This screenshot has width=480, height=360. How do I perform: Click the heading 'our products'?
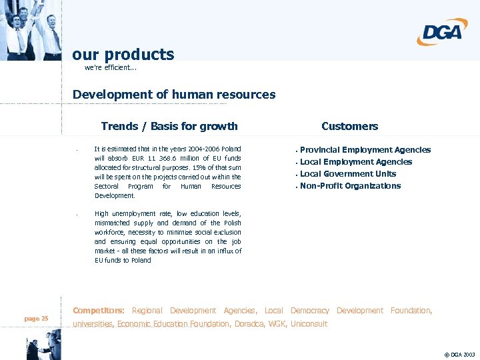[x=123, y=54]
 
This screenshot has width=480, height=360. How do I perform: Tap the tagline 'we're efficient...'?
[x=111, y=68]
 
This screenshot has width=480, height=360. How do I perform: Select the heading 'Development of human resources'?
[x=174, y=95]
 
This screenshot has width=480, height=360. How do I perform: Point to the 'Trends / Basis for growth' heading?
[x=169, y=126]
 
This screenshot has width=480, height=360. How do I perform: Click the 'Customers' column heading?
[x=349, y=126]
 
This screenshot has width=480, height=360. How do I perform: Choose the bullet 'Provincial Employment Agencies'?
[x=365, y=150]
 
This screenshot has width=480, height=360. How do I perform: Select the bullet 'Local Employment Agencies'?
[x=355, y=162]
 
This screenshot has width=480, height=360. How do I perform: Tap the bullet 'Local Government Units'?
[x=347, y=174]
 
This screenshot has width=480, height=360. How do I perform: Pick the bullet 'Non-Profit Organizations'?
[x=350, y=186]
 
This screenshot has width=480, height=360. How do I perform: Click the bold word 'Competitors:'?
[x=99, y=311]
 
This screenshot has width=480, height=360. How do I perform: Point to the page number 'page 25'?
[x=36, y=319]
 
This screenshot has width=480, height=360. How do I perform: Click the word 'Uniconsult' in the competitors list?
[x=309, y=324]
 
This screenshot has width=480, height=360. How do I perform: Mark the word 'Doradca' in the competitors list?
[x=249, y=324]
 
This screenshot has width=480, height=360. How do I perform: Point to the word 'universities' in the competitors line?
[x=93, y=324]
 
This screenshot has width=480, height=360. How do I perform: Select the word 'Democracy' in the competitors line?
[x=310, y=311]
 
